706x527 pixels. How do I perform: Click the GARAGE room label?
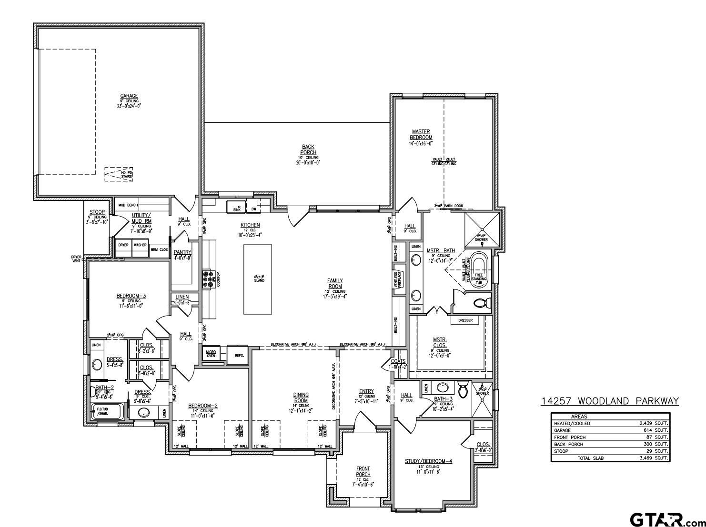(129, 96)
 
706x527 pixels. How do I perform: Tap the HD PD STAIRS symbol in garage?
(119, 174)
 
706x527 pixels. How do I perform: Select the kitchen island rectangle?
(258, 279)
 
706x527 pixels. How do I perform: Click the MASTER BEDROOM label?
(421, 135)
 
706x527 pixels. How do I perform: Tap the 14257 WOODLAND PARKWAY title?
(609, 401)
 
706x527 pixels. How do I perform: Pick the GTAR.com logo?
(665, 518)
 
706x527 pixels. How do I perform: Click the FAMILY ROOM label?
(335, 284)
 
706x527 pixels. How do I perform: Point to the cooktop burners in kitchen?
(208, 279)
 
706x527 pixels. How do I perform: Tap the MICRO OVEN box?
(211, 354)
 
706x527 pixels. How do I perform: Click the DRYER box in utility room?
(123, 245)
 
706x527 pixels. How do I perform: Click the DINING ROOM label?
(301, 398)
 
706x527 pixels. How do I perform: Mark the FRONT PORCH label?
(363, 471)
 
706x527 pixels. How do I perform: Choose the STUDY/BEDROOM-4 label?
(428, 461)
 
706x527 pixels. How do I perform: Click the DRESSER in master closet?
(465, 320)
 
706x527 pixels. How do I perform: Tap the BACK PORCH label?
(308, 149)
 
